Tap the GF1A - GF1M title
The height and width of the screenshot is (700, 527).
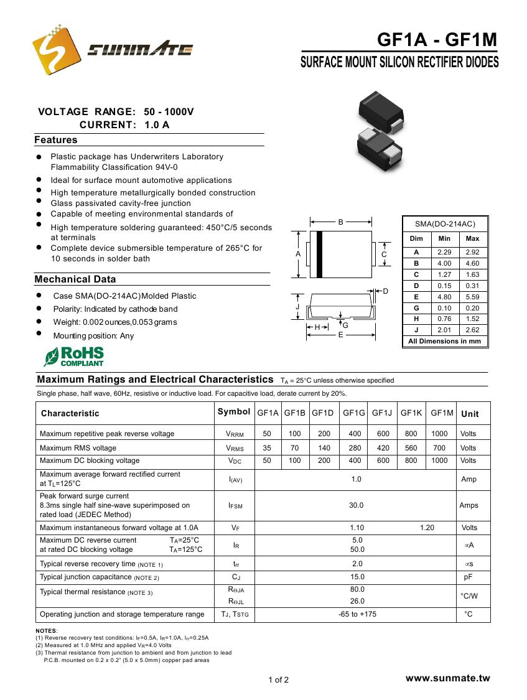point(437,40)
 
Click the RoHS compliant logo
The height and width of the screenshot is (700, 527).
point(73,357)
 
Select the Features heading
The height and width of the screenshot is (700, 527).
point(56,140)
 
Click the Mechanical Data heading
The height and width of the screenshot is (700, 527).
point(75,279)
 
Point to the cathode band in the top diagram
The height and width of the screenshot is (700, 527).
point(320,254)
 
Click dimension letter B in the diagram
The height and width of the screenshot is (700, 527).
point(341,222)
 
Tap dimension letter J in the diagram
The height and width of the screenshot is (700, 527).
point(297,307)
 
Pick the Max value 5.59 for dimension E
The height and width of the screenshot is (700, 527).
point(472,297)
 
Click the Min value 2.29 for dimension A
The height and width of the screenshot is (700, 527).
point(444,252)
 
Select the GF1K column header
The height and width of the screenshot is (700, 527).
point(411,413)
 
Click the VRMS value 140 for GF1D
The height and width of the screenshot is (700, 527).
point(324,447)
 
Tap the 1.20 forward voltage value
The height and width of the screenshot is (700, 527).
point(427,528)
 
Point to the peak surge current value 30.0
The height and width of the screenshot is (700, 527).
point(356,505)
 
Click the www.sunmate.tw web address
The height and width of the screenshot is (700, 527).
point(447,678)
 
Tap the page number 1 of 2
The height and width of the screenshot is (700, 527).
point(278,679)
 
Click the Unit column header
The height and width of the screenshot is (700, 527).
point(470,414)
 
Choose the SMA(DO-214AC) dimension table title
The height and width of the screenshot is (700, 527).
point(445,224)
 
